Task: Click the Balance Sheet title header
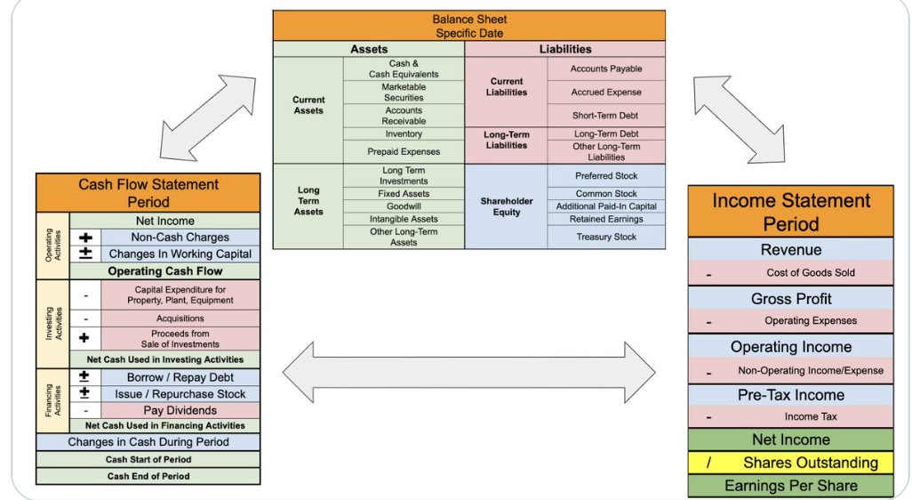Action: pyautogui.click(x=469, y=26)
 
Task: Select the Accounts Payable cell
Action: pyautogui.click(x=606, y=69)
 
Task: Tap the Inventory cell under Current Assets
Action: pyautogui.click(x=404, y=134)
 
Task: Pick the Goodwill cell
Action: pyautogui.click(x=404, y=206)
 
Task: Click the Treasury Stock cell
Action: pyautogui.click(x=606, y=237)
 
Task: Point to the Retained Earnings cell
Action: pyautogui.click(x=606, y=219)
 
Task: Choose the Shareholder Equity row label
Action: pyautogui.click(x=507, y=206)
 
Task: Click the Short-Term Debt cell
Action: pyautogui.click(x=606, y=115)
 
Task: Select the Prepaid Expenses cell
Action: pyautogui.click(x=404, y=151)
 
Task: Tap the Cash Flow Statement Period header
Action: pyautogui.click(x=148, y=192)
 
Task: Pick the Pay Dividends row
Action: pyautogui.click(x=180, y=410)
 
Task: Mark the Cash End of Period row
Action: pyautogui.click(x=148, y=476)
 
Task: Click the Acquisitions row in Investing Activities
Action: pyautogui.click(x=180, y=318)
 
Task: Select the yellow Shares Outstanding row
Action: pyautogui.click(x=790, y=463)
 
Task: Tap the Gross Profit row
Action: pyautogui.click(x=790, y=299)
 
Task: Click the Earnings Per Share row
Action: pyautogui.click(x=790, y=486)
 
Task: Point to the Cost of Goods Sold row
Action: pyautogui.click(x=790, y=273)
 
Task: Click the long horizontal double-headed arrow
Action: pyautogui.click(x=468, y=367)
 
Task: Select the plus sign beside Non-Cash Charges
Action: pyautogui.click(x=85, y=238)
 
